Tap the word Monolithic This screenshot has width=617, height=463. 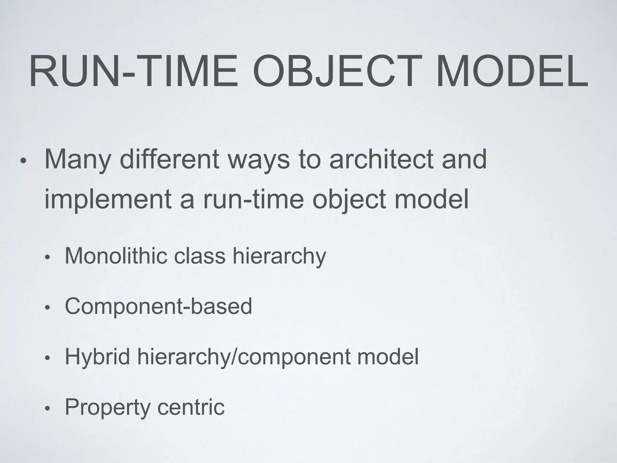coord(116,256)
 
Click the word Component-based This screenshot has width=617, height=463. coord(158,306)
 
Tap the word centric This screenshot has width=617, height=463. coord(191,407)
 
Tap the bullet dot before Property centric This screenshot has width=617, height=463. coord(47,409)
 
